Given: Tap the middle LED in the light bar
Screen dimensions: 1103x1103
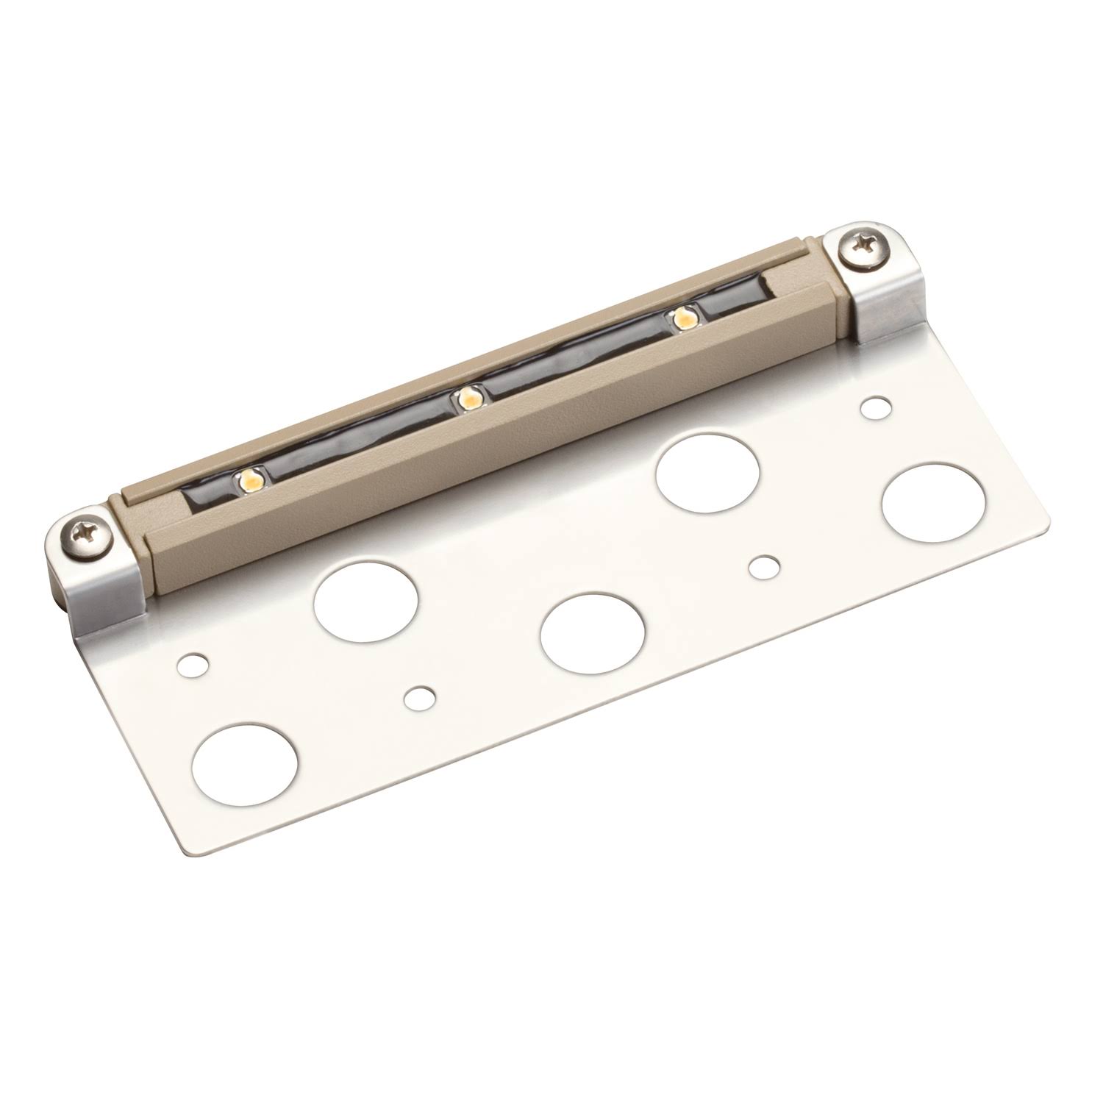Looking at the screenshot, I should click(x=466, y=400).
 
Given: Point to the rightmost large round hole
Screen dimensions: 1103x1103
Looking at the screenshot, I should click(x=933, y=502).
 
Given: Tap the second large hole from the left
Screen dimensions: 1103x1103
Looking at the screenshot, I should click(x=365, y=601).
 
